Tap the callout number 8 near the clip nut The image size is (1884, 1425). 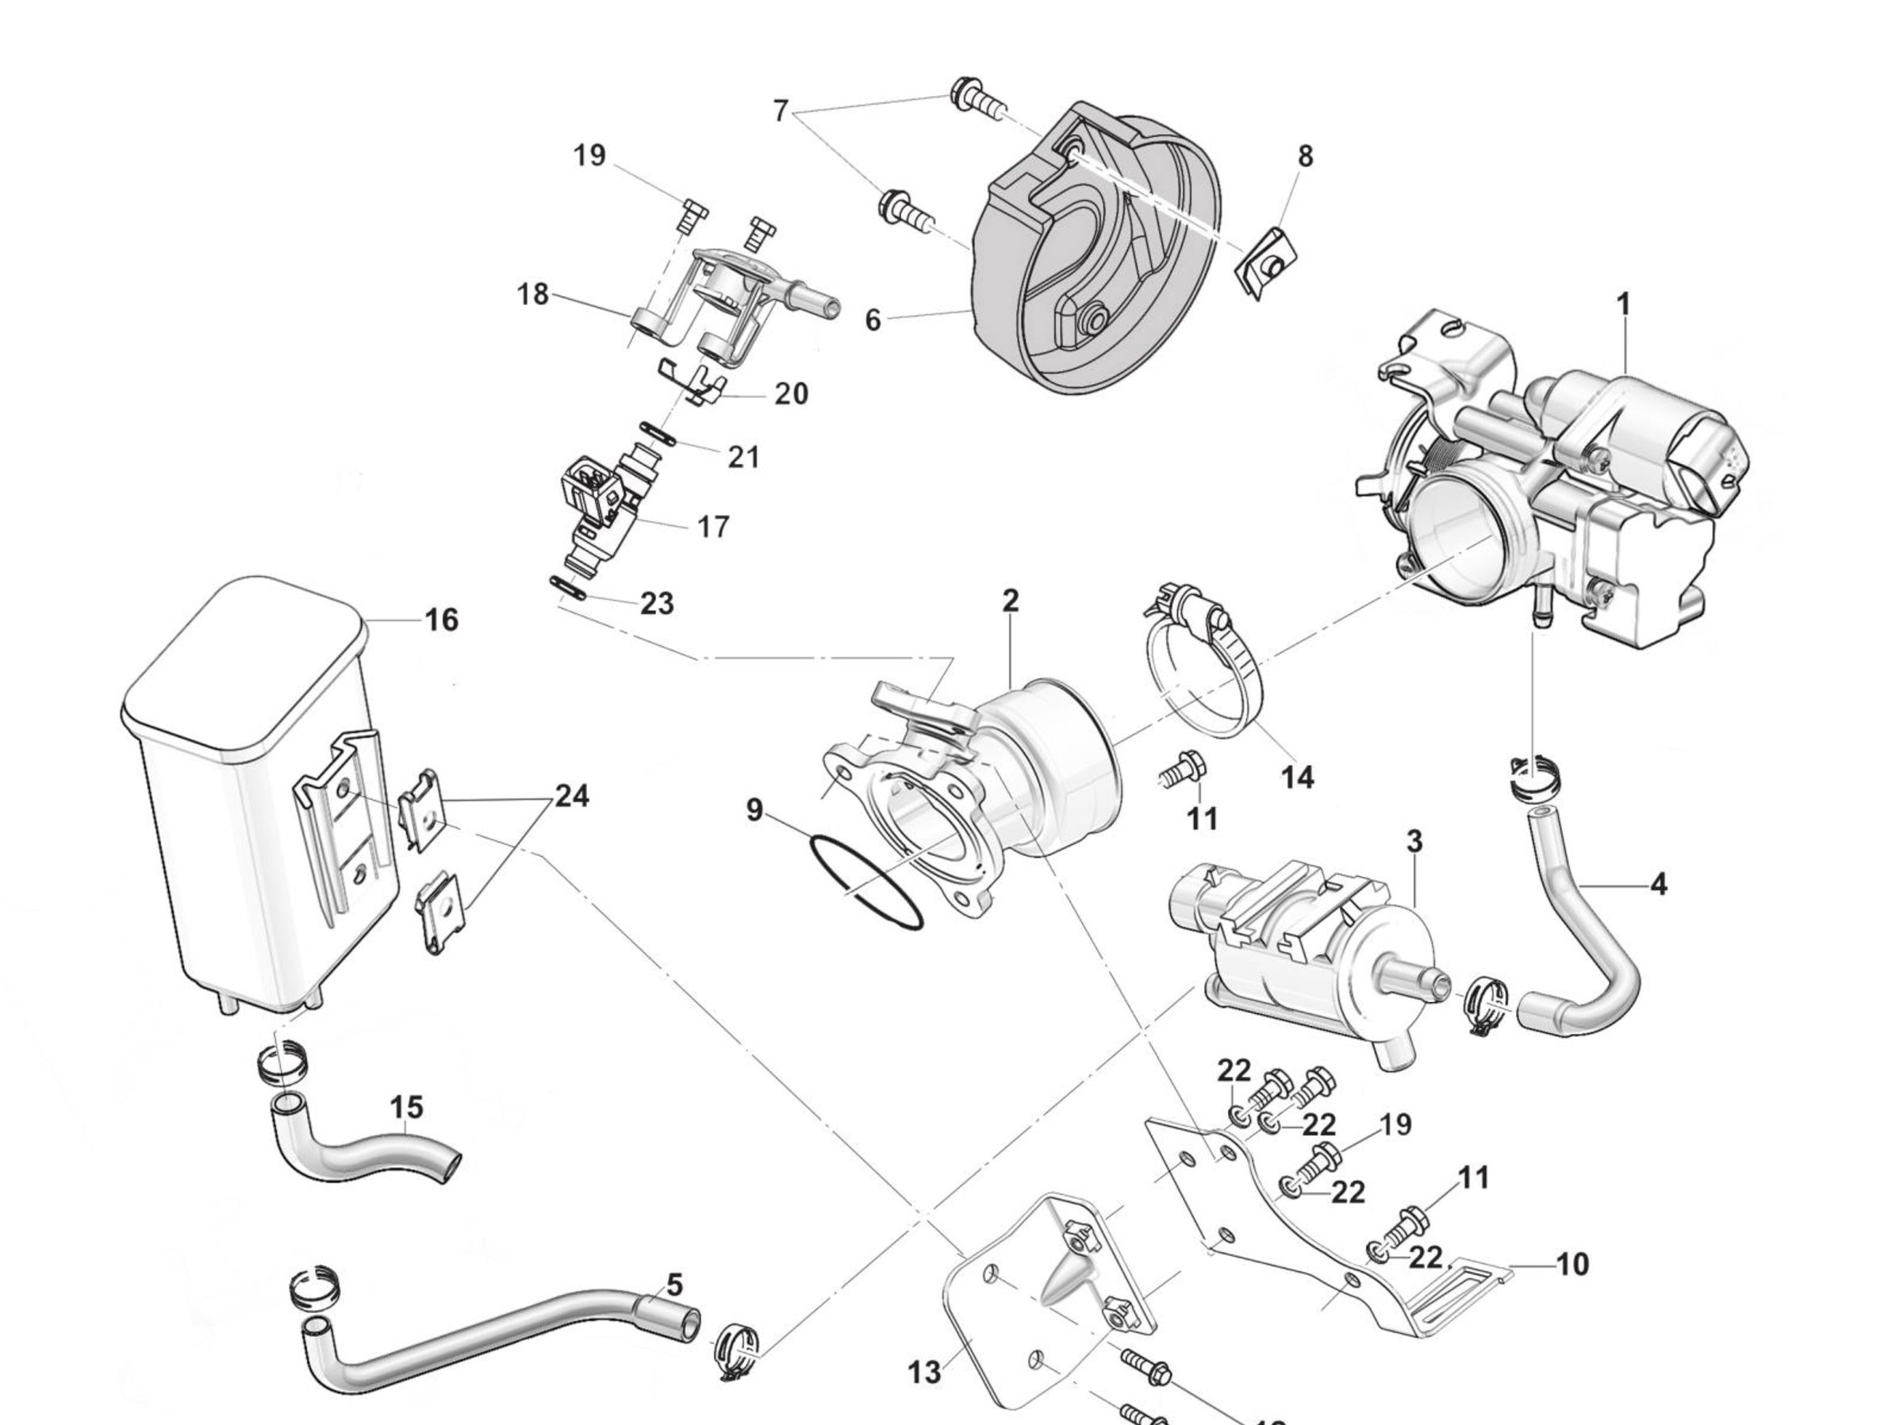(1305, 157)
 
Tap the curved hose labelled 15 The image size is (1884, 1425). (366, 1157)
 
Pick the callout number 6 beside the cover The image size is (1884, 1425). (873, 321)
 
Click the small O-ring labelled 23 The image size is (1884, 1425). (568, 588)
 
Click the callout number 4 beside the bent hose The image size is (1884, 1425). (1657, 885)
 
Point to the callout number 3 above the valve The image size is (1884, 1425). (1414, 842)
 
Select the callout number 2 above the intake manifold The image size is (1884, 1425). (1010, 601)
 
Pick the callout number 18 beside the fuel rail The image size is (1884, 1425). (533, 294)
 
